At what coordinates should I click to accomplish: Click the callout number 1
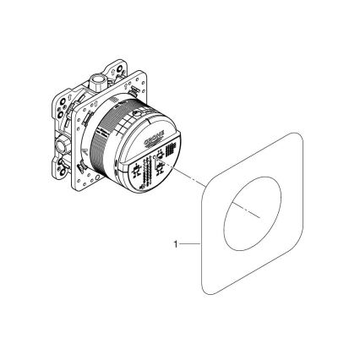point(174,246)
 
